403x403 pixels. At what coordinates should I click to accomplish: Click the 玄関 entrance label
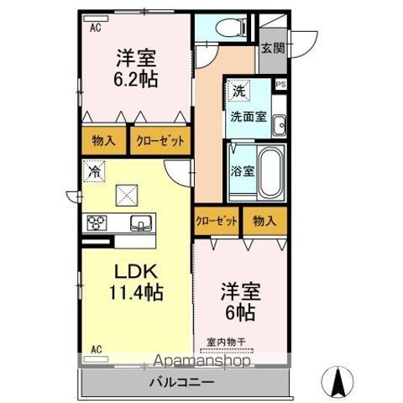point(271,48)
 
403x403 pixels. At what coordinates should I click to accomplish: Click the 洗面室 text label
point(249,117)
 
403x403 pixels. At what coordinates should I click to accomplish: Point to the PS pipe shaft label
point(280,84)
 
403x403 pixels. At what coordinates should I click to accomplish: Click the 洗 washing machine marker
point(239,90)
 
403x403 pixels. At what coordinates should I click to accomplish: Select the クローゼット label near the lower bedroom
point(217,222)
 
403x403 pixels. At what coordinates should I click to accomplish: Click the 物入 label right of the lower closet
point(264,222)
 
